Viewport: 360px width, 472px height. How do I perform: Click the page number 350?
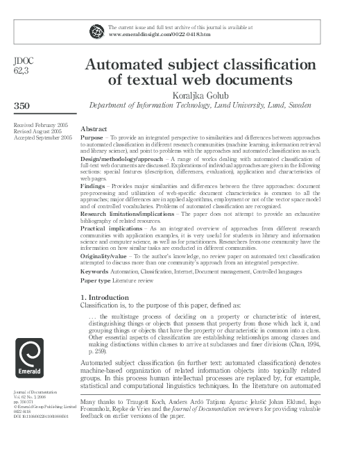point(24,105)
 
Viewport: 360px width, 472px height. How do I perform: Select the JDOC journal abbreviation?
point(24,61)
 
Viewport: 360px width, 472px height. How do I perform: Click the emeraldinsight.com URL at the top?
point(150,33)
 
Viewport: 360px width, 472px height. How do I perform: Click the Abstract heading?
point(94,130)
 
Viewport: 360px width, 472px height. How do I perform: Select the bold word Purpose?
point(92,138)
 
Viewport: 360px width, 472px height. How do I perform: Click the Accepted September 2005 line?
point(42,138)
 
